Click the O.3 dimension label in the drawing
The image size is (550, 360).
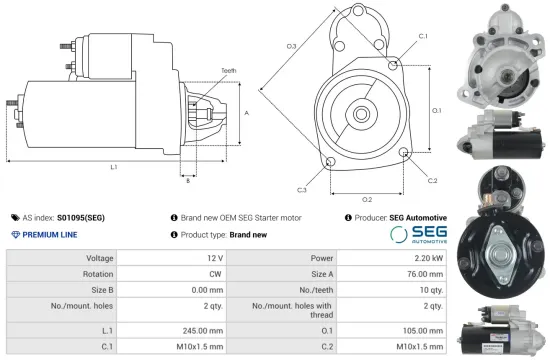291,46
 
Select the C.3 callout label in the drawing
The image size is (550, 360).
301,189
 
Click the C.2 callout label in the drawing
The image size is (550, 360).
432,180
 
